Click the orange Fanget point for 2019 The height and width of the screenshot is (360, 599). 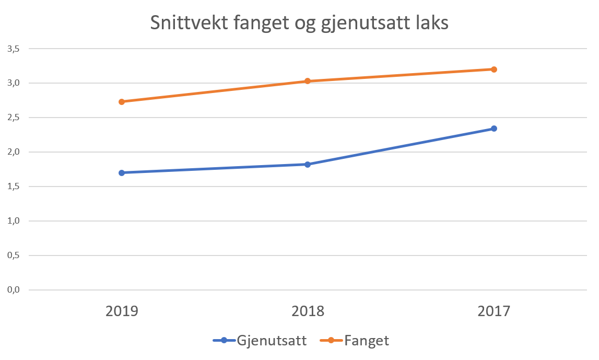(x=122, y=102)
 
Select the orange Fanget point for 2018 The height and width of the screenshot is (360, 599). (x=308, y=81)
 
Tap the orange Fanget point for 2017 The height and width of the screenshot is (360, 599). (x=494, y=69)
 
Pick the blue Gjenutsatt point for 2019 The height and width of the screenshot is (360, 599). (x=122, y=172)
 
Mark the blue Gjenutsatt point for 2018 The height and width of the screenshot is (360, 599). (x=308, y=164)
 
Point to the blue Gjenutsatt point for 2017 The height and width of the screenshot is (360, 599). (x=494, y=128)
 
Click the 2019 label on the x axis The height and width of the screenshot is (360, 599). (x=122, y=311)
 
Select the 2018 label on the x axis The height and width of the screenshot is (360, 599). (x=308, y=311)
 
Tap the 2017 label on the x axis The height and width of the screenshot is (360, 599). (x=494, y=311)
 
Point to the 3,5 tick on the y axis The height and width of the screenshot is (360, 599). (x=13, y=49)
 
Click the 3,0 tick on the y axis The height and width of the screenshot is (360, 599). (x=13, y=83)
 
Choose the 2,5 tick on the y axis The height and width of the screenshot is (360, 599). (x=13, y=118)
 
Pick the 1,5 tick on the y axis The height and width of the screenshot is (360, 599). (x=13, y=187)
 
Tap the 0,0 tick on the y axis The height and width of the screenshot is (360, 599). (x=13, y=290)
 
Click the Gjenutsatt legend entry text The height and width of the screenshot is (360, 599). (x=271, y=341)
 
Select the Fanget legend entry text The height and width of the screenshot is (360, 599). (x=367, y=341)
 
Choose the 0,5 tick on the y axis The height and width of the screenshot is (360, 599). (x=13, y=256)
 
